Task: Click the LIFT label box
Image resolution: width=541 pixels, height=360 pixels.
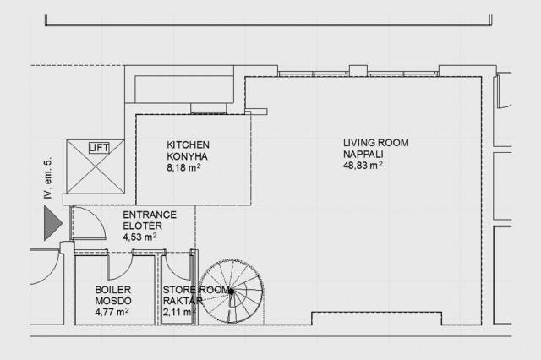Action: [x=99, y=148]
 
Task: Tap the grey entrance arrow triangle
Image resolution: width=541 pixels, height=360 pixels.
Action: [x=52, y=223]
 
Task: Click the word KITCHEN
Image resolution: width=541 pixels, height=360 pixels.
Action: [x=188, y=145]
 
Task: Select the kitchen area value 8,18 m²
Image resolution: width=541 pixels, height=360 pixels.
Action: [x=184, y=167]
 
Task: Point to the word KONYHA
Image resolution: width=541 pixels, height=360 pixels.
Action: [x=188, y=156]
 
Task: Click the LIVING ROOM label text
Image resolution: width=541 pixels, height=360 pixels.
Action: [x=375, y=143]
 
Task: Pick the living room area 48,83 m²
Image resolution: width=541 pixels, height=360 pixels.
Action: [x=363, y=165]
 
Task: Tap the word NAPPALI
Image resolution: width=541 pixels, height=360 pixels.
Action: [x=363, y=154]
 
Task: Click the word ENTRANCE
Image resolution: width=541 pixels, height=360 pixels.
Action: [x=150, y=215]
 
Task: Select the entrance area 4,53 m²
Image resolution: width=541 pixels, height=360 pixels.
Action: [x=139, y=237]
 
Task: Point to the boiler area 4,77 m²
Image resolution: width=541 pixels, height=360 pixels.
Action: [x=112, y=312]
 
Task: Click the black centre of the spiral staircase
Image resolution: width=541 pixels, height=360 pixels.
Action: [x=231, y=292]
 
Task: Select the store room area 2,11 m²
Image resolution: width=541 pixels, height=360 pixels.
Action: [x=179, y=312]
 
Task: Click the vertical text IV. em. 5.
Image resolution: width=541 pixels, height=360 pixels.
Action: [x=48, y=178]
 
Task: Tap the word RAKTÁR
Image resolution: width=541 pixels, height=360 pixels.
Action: [x=183, y=301]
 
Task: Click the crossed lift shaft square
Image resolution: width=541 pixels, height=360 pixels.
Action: [x=96, y=166]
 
